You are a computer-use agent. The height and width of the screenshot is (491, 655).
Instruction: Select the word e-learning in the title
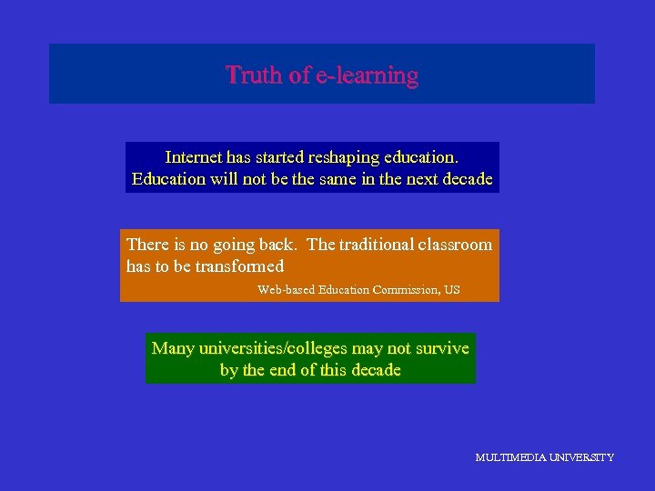click(x=367, y=75)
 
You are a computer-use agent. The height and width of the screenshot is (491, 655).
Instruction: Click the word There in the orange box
click(x=147, y=244)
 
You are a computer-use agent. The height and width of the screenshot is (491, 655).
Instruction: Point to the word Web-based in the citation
click(x=287, y=290)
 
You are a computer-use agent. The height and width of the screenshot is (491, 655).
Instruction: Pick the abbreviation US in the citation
click(x=451, y=290)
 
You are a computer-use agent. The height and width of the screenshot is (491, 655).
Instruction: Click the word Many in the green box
click(x=173, y=348)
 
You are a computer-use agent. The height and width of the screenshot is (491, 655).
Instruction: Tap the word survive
click(x=439, y=348)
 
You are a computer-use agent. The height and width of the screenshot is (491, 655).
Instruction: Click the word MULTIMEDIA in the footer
click(x=510, y=457)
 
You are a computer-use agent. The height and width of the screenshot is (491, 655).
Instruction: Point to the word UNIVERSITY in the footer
click(x=582, y=457)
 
